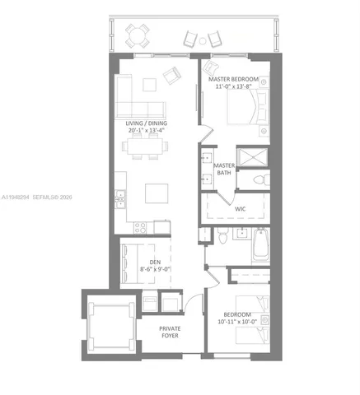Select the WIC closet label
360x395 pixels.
241,209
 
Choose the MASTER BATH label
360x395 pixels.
225,170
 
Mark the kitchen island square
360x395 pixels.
158,193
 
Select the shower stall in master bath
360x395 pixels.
250,157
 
